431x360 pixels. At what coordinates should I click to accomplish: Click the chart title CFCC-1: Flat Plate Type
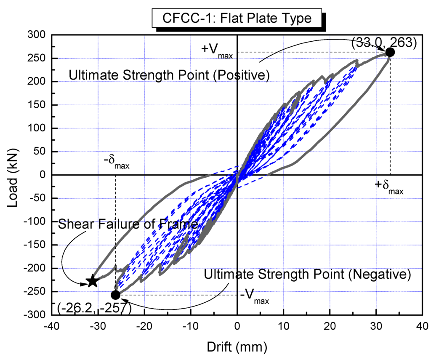pos(238,19)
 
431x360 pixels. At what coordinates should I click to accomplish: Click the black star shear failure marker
pos(92,281)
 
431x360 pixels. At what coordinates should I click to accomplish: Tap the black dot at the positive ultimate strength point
pos(390,52)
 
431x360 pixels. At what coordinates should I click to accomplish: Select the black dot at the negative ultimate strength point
pos(115,294)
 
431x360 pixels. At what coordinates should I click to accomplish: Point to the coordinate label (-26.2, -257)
pos(94,309)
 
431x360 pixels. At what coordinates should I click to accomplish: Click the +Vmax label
pos(216,50)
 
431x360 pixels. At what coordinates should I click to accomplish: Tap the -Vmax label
pos(255,297)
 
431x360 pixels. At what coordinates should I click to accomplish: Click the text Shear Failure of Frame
pos(128,224)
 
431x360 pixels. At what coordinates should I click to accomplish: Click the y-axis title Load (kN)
pos(13,175)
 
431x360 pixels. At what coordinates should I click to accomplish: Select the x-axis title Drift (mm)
pos(237,347)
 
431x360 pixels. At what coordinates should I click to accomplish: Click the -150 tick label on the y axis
pos(33,245)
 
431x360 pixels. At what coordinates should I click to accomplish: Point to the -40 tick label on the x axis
pos(52,326)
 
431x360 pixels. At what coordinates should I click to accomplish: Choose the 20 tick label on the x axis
pos(330,326)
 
